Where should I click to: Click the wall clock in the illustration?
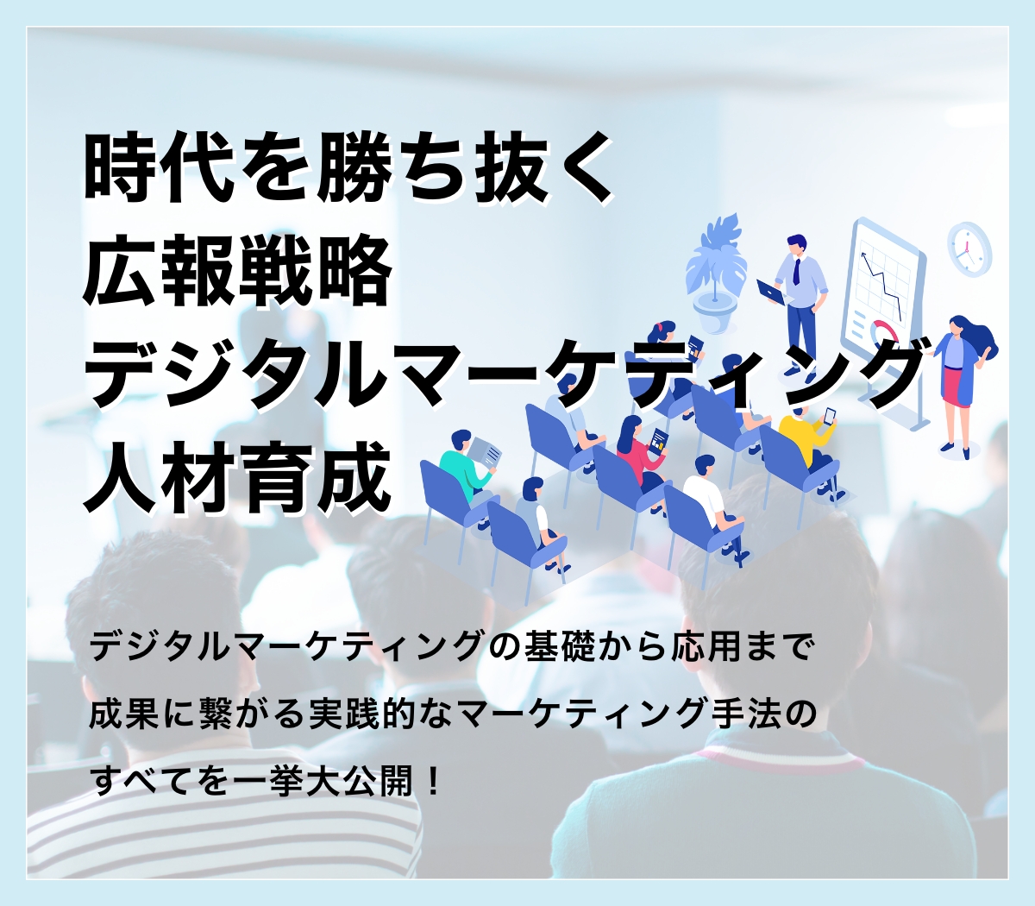tap(969, 248)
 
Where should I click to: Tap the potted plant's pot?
tap(714, 313)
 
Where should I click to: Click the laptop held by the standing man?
tap(772, 293)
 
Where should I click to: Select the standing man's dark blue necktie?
tap(797, 271)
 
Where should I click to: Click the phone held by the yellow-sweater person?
tap(830, 416)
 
